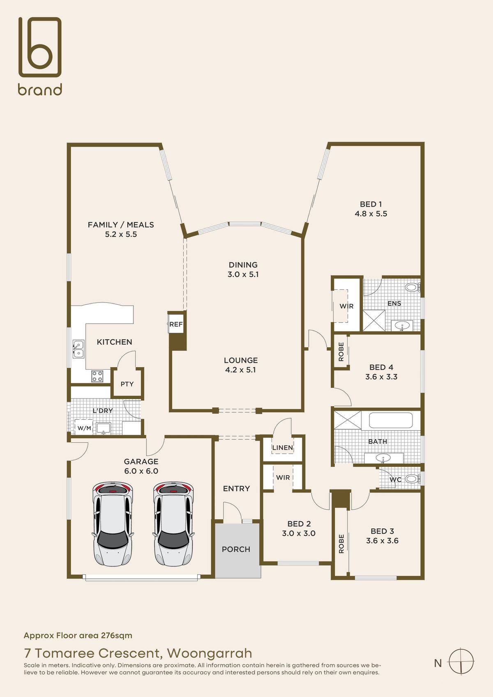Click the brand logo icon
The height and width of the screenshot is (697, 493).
40,47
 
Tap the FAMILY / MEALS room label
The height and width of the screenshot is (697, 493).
121,225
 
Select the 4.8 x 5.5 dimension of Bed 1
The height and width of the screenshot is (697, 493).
371,214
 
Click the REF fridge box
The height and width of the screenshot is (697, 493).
176,324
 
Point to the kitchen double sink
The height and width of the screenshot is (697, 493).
78,349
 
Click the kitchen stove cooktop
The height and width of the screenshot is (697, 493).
97,376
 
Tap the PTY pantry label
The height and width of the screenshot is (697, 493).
127,384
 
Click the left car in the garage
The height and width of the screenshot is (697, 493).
113,524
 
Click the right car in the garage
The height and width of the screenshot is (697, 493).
173,524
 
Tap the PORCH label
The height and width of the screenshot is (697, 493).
236,549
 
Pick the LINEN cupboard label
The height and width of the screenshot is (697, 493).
283,447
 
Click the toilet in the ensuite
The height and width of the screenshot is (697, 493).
413,287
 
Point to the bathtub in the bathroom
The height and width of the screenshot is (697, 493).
391,421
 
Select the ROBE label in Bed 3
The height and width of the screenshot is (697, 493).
341,544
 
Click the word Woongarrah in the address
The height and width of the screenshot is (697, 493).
210,653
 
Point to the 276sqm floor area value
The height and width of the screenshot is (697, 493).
116,635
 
